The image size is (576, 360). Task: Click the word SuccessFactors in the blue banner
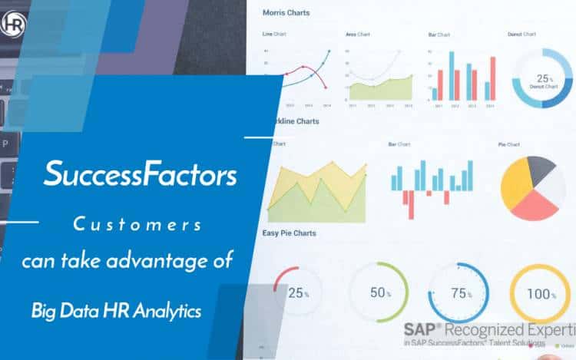pos(140,174)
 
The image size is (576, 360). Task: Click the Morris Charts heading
pos(287,12)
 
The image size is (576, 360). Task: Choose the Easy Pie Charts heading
pos(289,233)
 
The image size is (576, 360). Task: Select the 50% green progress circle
pos(378,292)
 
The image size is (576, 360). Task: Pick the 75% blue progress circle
pos(458,292)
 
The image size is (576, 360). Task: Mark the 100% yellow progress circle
pos(541,292)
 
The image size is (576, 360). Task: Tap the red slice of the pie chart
pos(531,203)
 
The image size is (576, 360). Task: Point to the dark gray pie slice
pos(540,168)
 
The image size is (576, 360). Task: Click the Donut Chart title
pos(521,35)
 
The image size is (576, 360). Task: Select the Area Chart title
pos(359,35)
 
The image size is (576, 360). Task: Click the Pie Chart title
pos(508,144)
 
